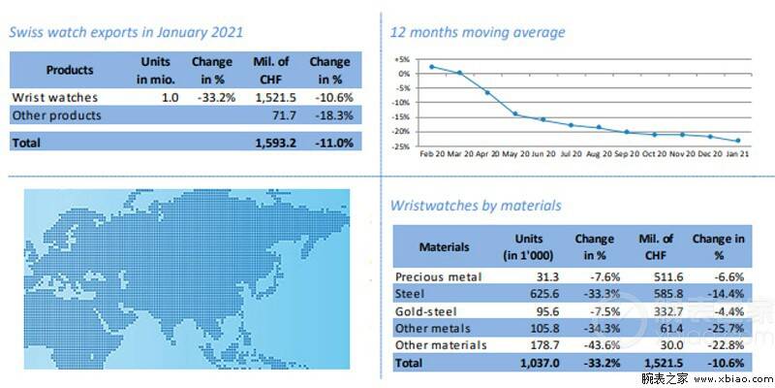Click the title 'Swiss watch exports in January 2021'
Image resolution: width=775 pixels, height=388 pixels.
(x=126, y=33)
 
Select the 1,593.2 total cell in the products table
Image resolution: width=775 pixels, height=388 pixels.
(x=275, y=143)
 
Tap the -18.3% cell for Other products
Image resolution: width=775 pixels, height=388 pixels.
(x=334, y=115)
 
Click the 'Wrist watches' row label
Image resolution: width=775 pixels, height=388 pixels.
(x=55, y=98)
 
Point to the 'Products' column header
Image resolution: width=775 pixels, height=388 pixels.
(x=70, y=70)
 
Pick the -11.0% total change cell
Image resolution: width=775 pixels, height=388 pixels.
(x=334, y=143)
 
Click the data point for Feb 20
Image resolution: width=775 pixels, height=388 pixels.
(x=431, y=66)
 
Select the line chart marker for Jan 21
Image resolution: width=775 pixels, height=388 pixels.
(x=738, y=141)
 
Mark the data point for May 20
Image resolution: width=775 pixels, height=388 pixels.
(x=515, y=113)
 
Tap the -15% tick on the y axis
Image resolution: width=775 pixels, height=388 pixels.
(x=403, y=117)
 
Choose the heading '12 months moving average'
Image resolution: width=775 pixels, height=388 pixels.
(x=478, y=33)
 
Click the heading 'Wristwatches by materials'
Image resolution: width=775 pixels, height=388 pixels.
(x=476, y=206)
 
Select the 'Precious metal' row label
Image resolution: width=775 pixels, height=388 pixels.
(x=439, y=276)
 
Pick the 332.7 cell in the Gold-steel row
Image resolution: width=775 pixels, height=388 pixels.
(x=656, y=311)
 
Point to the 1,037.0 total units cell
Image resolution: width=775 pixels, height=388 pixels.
(x=540, y=363)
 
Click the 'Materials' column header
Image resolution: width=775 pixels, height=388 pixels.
(x=445, y=246)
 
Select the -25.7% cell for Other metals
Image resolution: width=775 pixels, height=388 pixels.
(x=725, y=328)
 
